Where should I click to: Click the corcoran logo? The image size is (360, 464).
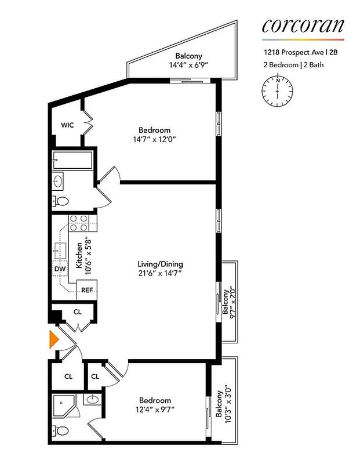pos(303,26)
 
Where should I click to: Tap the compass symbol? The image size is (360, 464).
pos(278,90)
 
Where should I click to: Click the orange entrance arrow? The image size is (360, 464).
pos(54,340)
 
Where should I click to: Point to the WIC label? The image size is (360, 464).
pos(67,125)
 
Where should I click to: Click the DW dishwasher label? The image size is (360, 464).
pos(59,269)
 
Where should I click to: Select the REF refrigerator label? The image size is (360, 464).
pos(87,289)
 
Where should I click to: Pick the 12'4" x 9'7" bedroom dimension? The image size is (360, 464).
pos(155,410)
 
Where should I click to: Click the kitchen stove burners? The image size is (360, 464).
pos(79,223)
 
